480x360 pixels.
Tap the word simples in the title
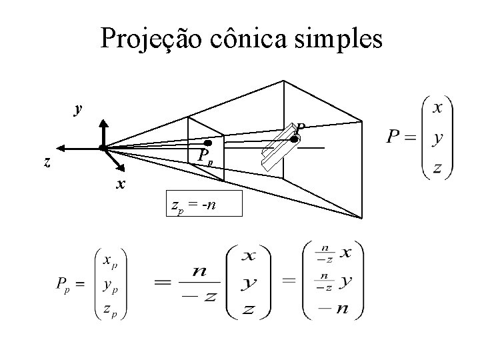[x=341, y=39]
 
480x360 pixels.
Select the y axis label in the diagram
[x=79, y=109]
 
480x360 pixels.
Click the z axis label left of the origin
[x=46, y=162]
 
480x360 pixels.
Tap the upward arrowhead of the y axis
[x=103, y=124]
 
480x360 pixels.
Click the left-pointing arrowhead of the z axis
[x=61, y=148]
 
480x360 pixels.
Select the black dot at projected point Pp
[x=208, y=143]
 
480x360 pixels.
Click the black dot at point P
[x=293, y=139]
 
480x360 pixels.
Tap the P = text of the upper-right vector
[x=401, y=139]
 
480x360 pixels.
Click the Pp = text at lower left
[x=69, y=285]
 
